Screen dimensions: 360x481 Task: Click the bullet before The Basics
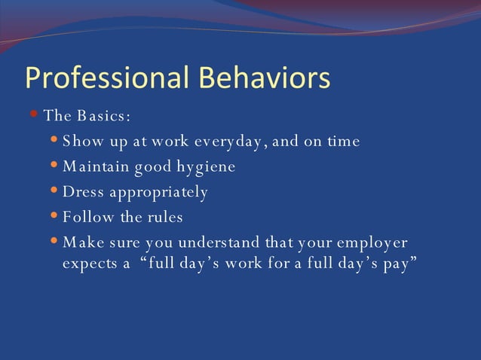(34, 115)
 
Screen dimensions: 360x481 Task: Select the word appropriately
(158, 193)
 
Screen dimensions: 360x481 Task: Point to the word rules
(165, 218)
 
